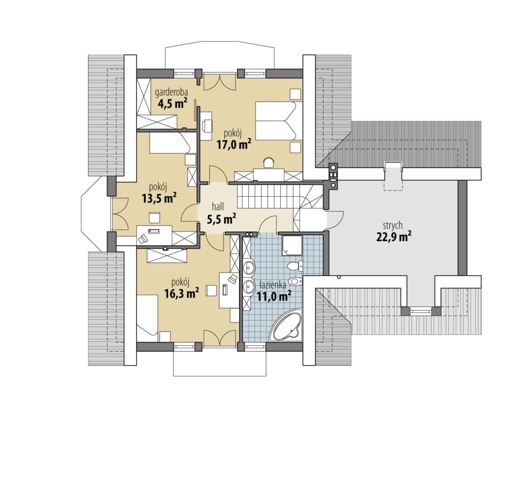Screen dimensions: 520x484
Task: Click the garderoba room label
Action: pos(172,93)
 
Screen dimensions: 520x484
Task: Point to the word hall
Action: pos(218,207)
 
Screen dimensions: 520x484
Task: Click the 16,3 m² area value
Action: pos(181,293)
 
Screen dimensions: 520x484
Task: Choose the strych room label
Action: pos(393,226)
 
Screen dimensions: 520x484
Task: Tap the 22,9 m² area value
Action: pos(393,237)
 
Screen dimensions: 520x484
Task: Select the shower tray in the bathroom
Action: pos(292,246)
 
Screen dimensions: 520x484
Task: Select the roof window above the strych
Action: pos(393,176)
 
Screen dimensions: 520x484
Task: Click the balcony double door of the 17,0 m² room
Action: pos(219,82)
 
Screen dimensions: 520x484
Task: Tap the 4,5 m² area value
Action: pos(172,103)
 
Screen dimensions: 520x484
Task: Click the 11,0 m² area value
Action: pos(274,297)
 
